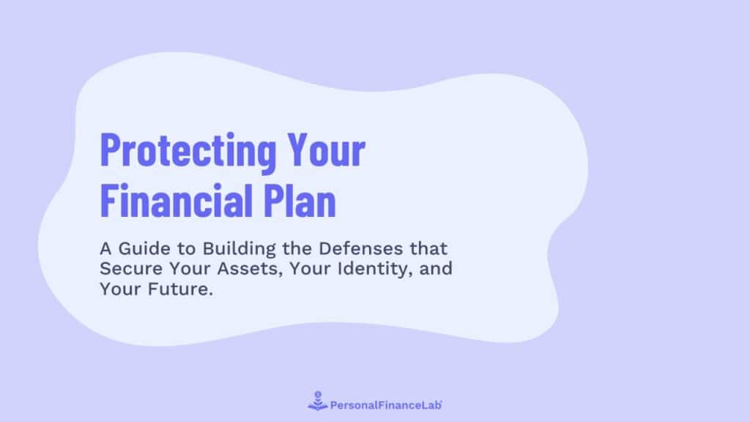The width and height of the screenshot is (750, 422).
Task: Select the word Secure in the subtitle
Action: tap(127, 268)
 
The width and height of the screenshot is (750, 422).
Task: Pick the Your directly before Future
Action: tap(116, 288)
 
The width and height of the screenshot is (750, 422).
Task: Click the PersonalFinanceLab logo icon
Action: tap(317, 401)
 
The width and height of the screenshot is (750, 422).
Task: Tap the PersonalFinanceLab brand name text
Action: tap(387, 403)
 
